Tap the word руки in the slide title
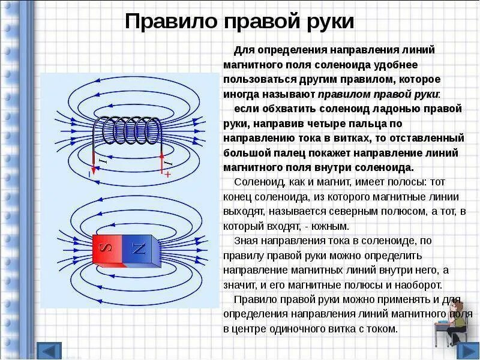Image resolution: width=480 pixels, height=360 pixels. tap(328, 22)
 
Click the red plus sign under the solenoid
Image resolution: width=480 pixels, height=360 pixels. tap(167, 173)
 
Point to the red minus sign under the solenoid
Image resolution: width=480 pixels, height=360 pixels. tap(90, 173)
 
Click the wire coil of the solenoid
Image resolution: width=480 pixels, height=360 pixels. tap(128, 130)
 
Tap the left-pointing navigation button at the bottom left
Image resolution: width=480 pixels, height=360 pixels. tap(49, 350)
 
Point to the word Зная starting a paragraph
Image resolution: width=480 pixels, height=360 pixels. tap(245, 241)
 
